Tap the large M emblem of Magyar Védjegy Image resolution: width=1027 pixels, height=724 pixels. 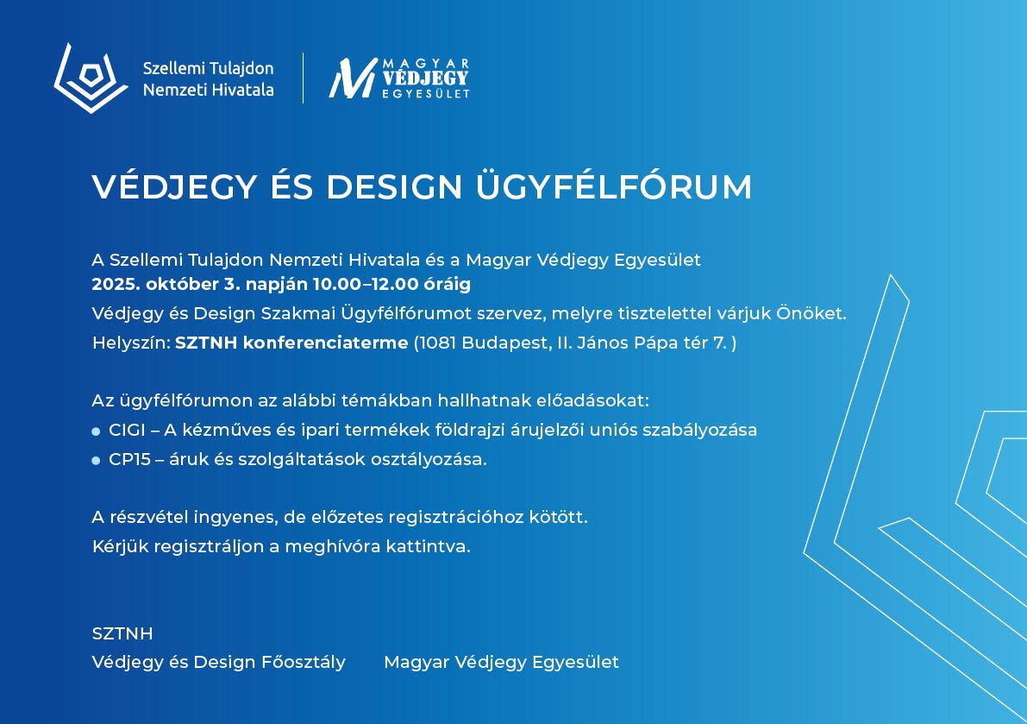click(x=353, y=78)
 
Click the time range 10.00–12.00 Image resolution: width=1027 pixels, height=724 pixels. click(x=366, y=285)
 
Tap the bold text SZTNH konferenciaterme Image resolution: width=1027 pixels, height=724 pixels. click(x=291, y=343)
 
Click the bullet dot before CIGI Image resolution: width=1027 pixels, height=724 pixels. click(x=97, y=431)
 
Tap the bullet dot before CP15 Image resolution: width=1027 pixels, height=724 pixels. click(x=97, y=461)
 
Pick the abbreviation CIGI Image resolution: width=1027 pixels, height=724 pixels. click(x=127, y=430)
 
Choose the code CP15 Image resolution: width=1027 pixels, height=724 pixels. click(x=129, y=459)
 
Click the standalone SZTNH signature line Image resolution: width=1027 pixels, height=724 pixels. click(x=122, y=633)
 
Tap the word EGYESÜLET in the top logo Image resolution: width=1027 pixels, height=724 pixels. click(x=426, y=94)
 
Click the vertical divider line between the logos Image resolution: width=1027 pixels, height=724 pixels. click(x=303, y=78)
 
